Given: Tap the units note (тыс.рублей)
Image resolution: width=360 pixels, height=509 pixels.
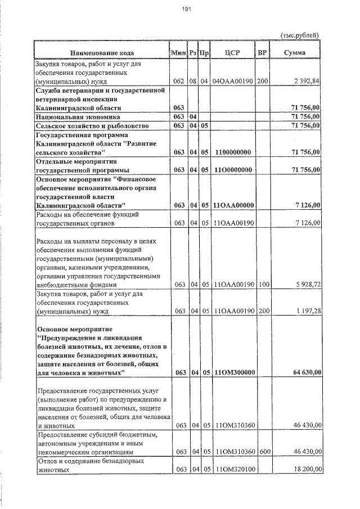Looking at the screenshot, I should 299,35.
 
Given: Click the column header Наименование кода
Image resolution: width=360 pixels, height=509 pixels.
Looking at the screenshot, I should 102,53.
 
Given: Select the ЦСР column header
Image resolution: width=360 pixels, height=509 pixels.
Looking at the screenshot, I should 232,53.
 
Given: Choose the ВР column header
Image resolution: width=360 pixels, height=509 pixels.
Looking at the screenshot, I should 262,53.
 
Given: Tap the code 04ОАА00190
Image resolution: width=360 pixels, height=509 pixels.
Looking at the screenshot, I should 232,82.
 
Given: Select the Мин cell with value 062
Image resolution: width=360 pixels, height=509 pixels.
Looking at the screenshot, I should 179,82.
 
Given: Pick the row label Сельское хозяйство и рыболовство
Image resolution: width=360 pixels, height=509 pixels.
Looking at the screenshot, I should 91,125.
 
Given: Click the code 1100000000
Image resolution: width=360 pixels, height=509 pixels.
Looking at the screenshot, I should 232,152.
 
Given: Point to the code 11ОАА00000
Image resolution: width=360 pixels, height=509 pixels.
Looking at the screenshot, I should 235,205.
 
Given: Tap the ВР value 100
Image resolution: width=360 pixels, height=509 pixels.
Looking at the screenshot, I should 262,285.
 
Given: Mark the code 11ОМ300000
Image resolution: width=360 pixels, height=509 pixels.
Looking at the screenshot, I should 235,372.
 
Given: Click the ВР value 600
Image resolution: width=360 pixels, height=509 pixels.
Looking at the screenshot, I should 262,452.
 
